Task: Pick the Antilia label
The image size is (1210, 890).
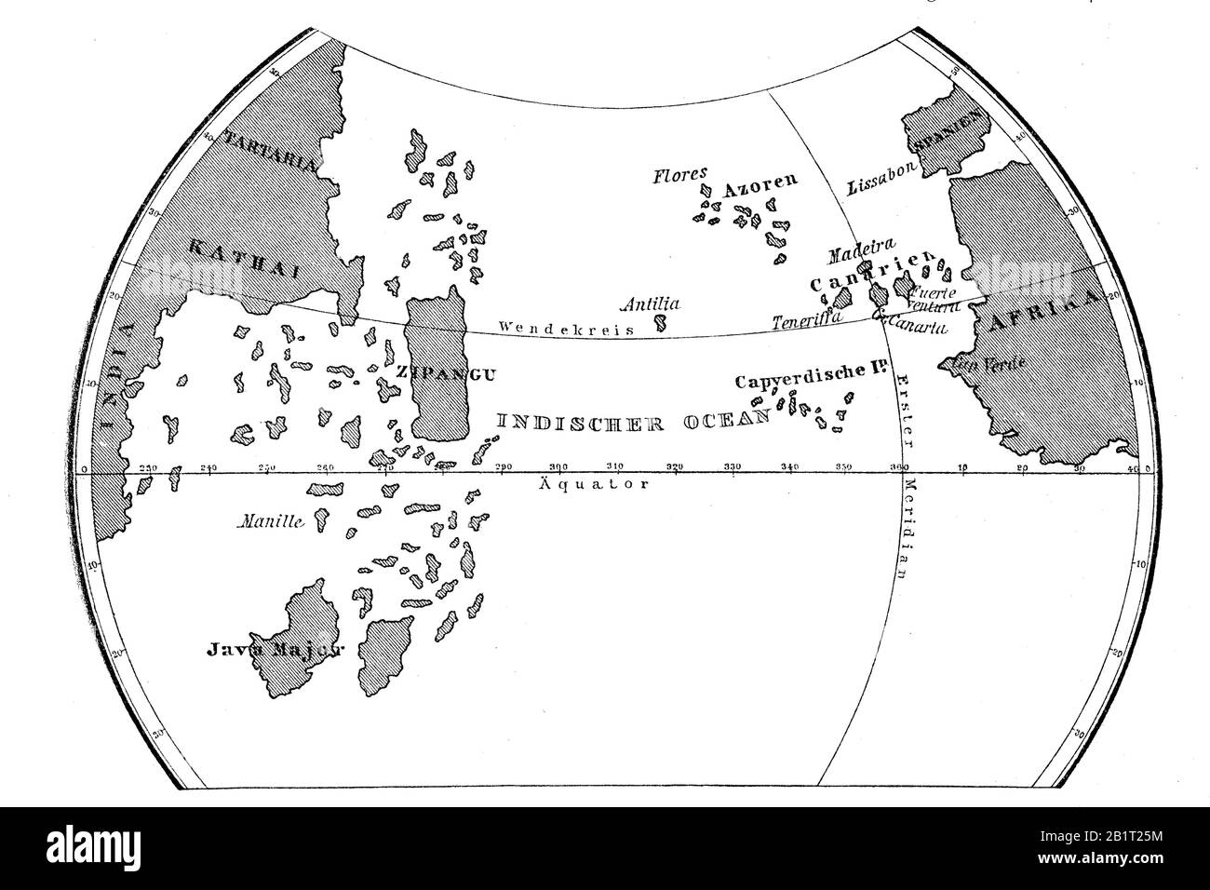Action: pyautogui.click(x=651, y=303)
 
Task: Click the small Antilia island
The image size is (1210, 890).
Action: pyautogui.click(x=661, y=323)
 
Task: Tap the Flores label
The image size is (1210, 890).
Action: pyautogui.click(x=679, y=173)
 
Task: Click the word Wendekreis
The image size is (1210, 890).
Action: pyautogui.click(x=566, y=328)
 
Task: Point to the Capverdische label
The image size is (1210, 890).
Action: pyautogui.click(x=795, y=380)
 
